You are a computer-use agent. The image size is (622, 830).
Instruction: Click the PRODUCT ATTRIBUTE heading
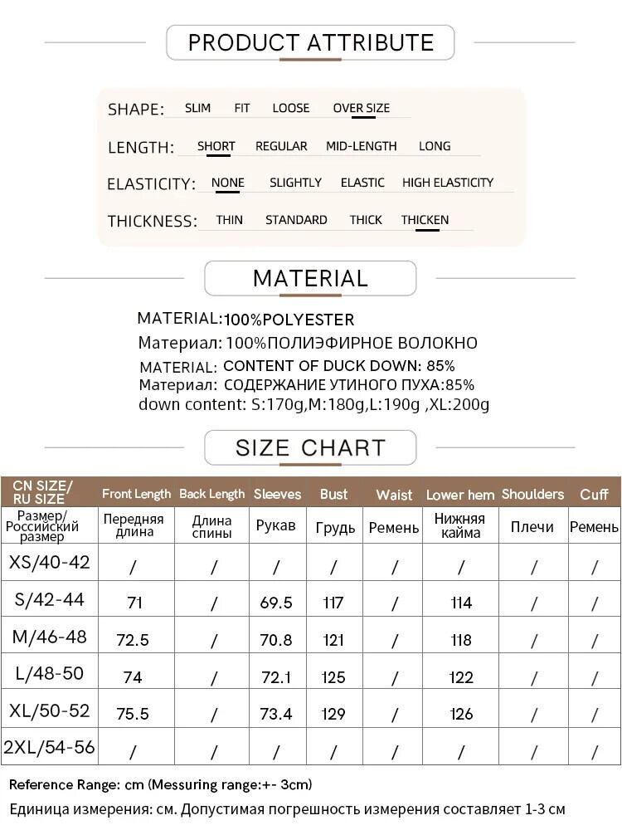(310, 42)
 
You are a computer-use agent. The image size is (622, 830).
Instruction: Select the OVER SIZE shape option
(361, 108)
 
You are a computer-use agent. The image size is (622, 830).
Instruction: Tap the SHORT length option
(216, 146)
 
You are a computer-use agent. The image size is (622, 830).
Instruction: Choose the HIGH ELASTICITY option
(447, 183)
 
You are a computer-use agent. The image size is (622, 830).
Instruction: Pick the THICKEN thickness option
(425, 220)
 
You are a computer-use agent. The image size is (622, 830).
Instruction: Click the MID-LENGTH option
(361, 146)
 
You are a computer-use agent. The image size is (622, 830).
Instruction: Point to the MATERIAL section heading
(310, 279)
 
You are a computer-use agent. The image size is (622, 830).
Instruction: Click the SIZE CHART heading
(310, 448)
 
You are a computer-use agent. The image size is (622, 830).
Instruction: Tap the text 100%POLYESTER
(289, 320)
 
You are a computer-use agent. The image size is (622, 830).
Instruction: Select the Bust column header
(333, 494)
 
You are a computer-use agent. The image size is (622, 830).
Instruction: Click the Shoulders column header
(532, 494)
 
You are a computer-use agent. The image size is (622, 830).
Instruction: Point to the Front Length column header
(136, 494)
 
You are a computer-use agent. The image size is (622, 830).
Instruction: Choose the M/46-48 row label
(50, 637)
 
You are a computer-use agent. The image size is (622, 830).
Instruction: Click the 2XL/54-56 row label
(50, 747)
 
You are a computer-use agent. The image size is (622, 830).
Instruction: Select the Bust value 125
(333, 677)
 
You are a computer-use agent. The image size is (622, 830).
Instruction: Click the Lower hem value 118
(461, 640)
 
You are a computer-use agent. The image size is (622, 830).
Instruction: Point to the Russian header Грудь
(335, 527)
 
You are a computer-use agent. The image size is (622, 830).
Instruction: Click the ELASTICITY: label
(151, 183)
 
